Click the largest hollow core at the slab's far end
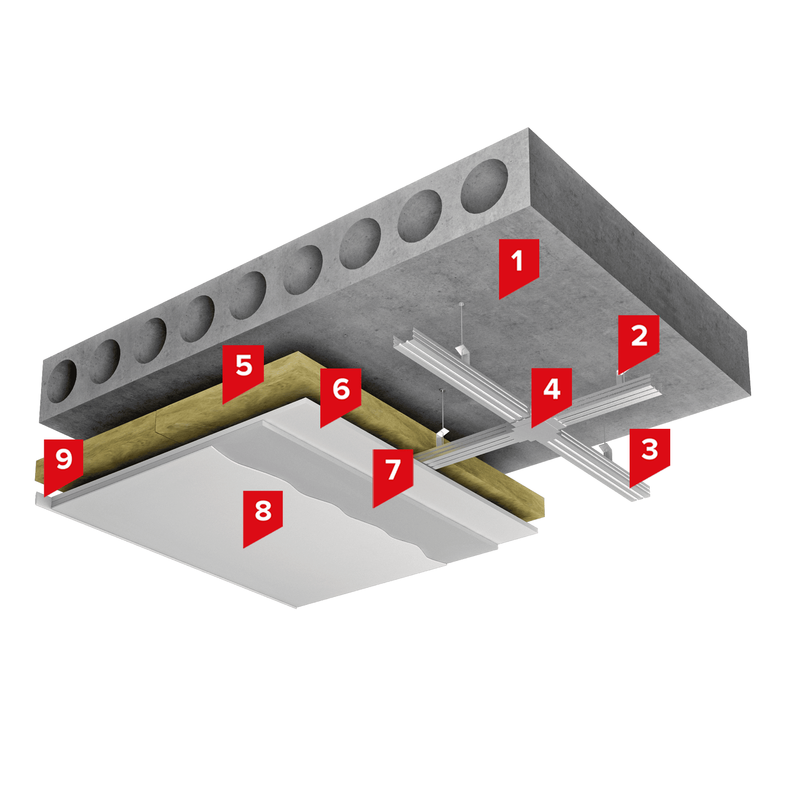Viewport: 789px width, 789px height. point(484,186)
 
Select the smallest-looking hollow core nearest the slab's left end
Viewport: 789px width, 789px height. point(62,381)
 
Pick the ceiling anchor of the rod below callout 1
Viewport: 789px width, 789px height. point(461,304)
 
